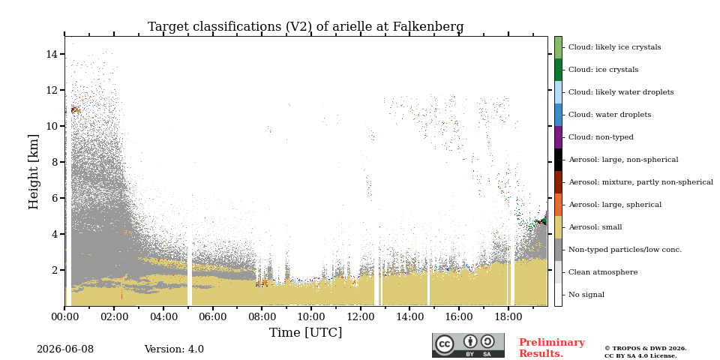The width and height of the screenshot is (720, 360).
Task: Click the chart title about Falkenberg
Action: [305, 27]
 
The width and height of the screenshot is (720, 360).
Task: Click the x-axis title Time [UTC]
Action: [305, 332]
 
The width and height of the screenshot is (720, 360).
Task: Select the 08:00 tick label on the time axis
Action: [262, 316]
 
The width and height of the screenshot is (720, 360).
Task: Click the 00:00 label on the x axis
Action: [64, 316]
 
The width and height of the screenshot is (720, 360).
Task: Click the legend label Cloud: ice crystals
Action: [603, 70]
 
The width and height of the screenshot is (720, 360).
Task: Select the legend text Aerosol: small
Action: [595, 227]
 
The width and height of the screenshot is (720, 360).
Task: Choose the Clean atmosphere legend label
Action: [603, 272]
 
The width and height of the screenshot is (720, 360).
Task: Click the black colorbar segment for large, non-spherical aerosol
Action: [558, 160]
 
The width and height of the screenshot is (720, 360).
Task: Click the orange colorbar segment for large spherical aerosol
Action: [558, 205]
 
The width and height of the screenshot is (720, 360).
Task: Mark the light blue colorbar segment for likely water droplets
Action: [558, 92]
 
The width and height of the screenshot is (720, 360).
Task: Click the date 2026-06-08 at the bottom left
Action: [65, 349]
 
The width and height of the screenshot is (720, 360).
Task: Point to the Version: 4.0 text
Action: [174, 349]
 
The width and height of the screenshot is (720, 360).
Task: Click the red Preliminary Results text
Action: [552, 348]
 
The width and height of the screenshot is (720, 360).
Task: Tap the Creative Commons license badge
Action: [468, 345]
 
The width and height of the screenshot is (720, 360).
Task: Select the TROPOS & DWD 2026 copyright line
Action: [646, 349]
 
